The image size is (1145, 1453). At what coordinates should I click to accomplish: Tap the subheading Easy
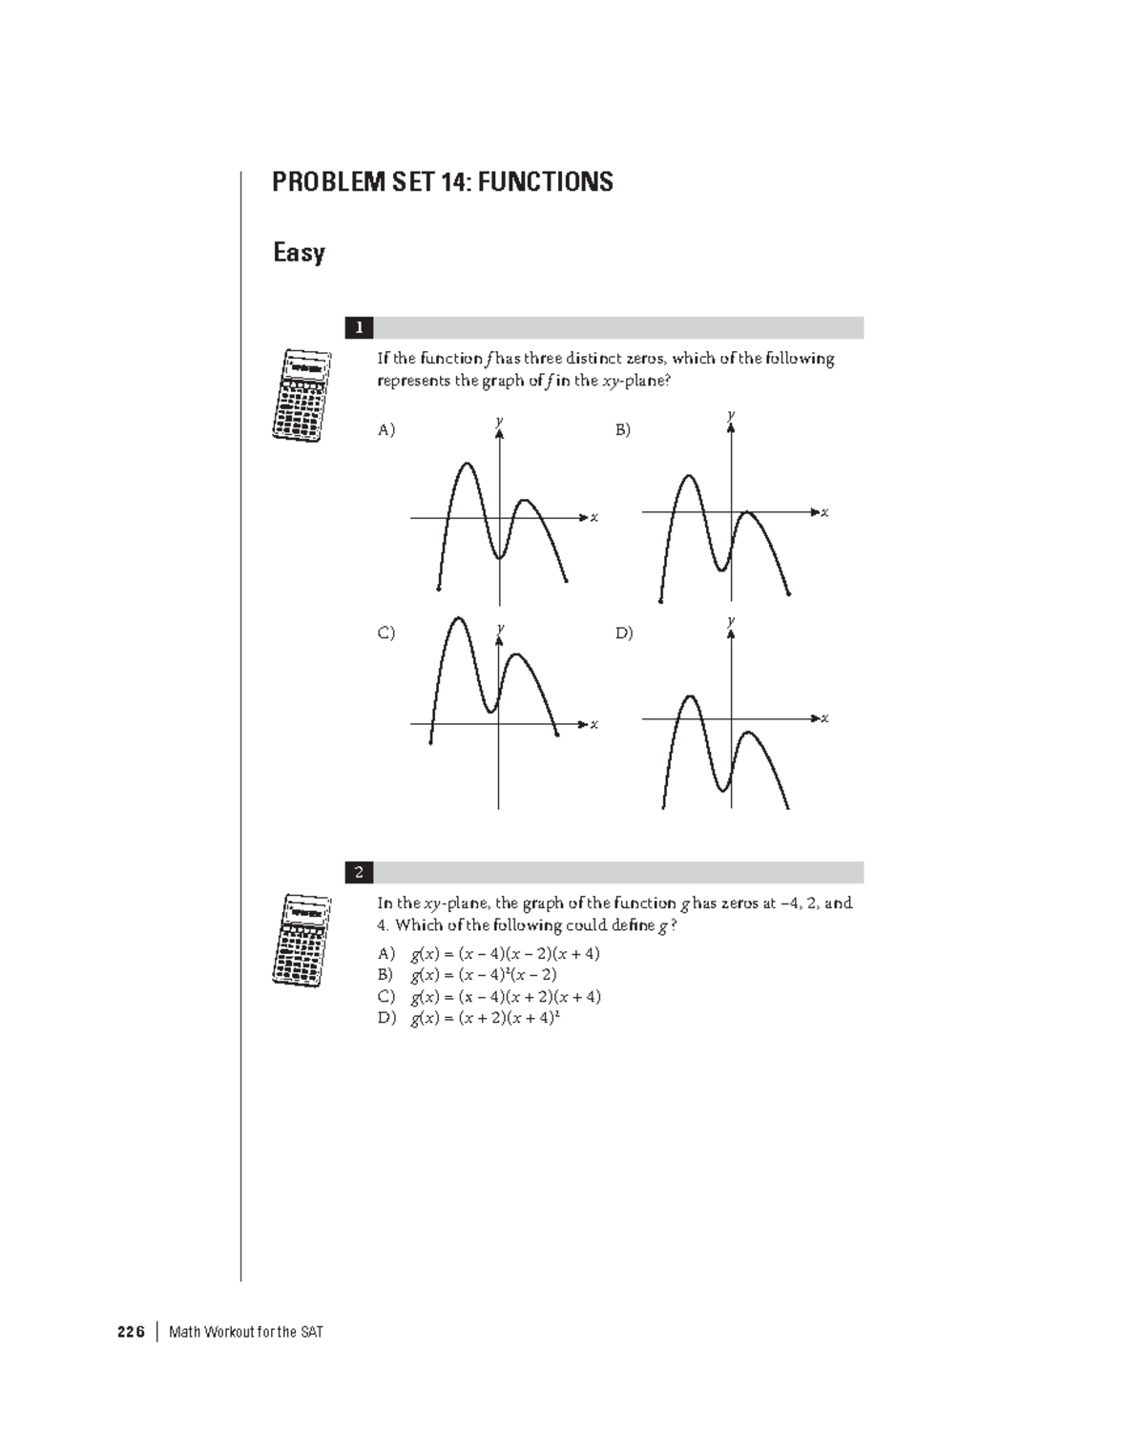(299, 253)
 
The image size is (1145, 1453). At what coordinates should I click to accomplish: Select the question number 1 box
(359, 328)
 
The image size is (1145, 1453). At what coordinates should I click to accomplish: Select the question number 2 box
(359, 872)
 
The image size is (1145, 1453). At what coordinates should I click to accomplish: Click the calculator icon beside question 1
(302, 395)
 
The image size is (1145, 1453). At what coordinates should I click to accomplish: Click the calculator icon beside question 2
(302, 941)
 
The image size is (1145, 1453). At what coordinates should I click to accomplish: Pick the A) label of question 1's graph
(385, 430)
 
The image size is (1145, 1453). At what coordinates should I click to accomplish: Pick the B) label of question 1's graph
(623, 430)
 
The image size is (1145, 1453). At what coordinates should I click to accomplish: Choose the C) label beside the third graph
(385, 633)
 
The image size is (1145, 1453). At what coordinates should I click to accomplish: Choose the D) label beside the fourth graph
(624, 633)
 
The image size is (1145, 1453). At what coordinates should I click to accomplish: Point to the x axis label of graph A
(593, 518)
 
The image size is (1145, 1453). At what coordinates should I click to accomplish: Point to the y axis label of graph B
(731, 415)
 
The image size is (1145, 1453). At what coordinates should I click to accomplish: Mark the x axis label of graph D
(825, 718)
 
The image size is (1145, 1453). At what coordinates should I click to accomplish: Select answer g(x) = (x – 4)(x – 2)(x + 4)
(505, 953)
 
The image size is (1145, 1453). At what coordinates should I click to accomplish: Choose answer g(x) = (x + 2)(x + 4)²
(485, 1018)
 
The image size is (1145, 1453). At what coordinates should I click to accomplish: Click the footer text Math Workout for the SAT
(246, 1332)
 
